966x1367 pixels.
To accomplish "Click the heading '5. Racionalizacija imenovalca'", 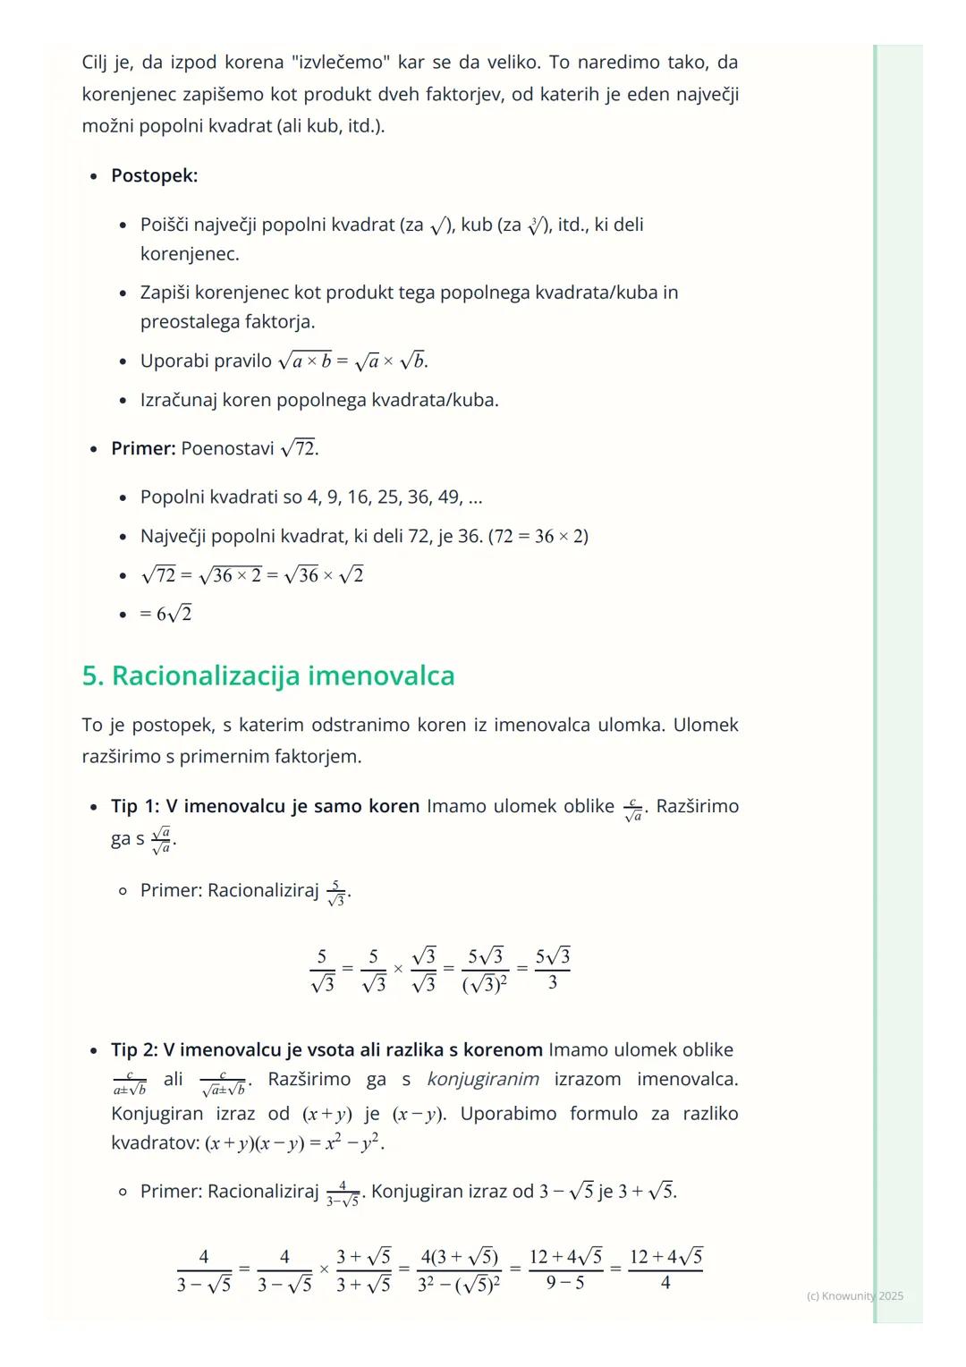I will (x=267, y=675).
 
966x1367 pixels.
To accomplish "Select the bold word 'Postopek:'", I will (x=154, y=175).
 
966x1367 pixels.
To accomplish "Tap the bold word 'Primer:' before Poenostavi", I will (x=143, y=448).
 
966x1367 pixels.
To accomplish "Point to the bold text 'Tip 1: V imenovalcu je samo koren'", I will (x=265, y=806).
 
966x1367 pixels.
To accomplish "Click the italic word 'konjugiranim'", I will (x=483, y=1079).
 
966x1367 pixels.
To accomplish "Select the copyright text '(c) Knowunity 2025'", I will (x=854, y=1295).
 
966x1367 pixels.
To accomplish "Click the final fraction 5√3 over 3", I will (x=552, y=969).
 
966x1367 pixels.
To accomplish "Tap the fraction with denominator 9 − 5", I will (x=565, y=1269).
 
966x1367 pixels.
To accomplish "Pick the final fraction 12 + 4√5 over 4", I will (x=665, y=1269).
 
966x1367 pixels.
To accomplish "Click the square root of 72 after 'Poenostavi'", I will (x=299, y=448).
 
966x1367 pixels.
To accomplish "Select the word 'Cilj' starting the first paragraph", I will (x=94, y=63).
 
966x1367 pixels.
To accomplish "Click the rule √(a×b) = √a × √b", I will (x=352, y=361).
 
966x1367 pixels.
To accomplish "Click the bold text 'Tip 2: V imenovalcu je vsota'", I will (x=326, y=1049).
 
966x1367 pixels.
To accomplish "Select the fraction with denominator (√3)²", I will (x=484, y=969).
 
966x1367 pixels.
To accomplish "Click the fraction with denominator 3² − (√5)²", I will (x=459, y=1269).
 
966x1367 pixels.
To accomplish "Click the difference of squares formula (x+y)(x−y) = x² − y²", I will (x=294, y=1143).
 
